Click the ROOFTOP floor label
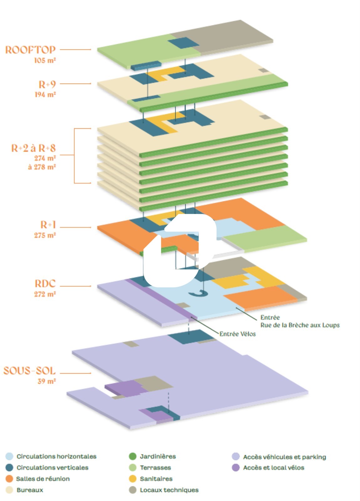(x=30, y=50)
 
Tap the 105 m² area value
(x=45, y=60)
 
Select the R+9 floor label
(x=47, y=84)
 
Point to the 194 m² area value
(x=45, y=94)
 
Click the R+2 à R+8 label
(x=33, y=148)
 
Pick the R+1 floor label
(x=48, y=225)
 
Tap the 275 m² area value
(x=45, y=235)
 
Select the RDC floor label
(x=45, y=284)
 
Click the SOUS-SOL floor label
(x=30, y=371)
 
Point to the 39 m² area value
(x=46, y=381)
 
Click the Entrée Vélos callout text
(x=237, y=334)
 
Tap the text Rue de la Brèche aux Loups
(x=300, y=325)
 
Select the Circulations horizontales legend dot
(x=9, y=456)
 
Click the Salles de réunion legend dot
(x=9, y=479)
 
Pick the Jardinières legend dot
(x=133, y=456)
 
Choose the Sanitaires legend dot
(x=133, y=479)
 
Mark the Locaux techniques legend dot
(x=133, y=490)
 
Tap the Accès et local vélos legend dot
(x=236, y=467)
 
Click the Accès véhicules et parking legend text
(x=284, y=457)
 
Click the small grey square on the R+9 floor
(x=264, y=70)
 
